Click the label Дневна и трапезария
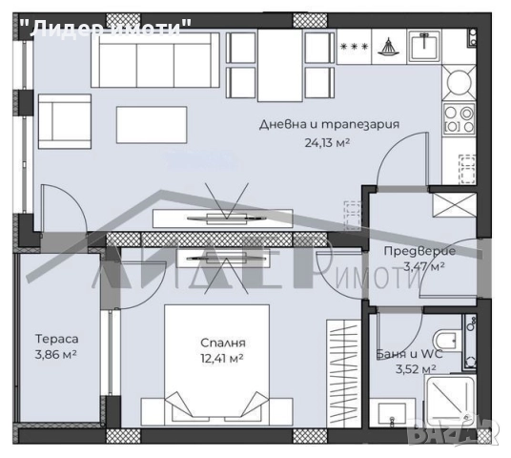tap(329, 125)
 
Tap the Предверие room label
tap(419, 251)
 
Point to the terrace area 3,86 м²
tap(55, 355)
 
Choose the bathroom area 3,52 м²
tap(415, 367)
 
